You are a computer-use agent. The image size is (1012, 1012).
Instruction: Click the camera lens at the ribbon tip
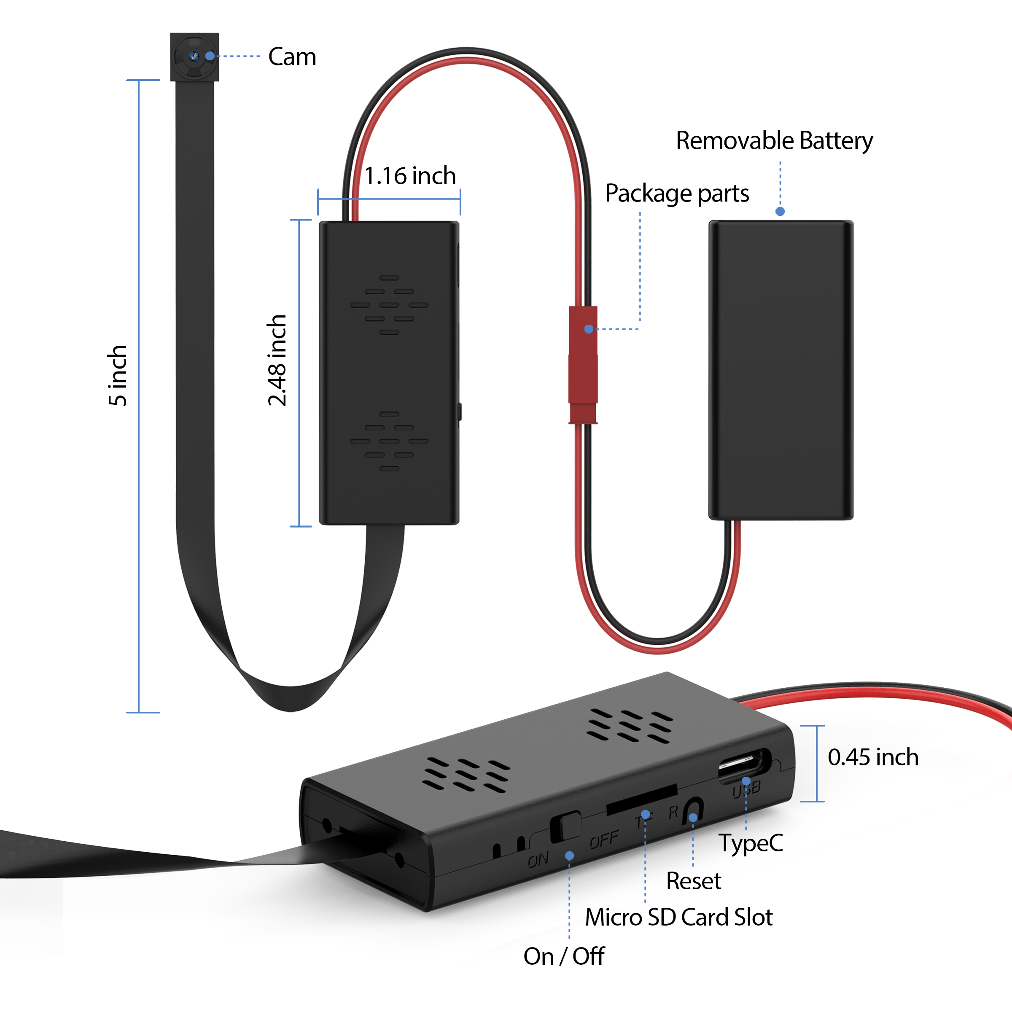pos(194,57)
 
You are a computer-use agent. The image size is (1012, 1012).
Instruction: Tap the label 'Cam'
pos(292,57)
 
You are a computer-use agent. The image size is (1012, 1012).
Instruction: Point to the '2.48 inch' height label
pos(277,361)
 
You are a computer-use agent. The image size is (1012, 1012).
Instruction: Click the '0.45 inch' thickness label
pos(873,757)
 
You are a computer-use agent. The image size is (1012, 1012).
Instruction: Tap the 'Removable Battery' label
pos(774,140)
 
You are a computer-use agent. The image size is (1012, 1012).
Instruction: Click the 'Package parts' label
pos(677,193)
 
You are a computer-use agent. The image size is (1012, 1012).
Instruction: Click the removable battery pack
pos(781,370)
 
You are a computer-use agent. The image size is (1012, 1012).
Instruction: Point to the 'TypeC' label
pos(750,843)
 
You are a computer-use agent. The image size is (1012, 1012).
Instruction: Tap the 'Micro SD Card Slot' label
pos(678,917)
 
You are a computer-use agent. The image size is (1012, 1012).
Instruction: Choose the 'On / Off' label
pos(564,956)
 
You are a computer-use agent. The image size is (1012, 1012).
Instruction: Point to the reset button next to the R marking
pos(694,811)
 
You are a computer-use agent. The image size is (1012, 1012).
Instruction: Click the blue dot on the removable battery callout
pos(780,212)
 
